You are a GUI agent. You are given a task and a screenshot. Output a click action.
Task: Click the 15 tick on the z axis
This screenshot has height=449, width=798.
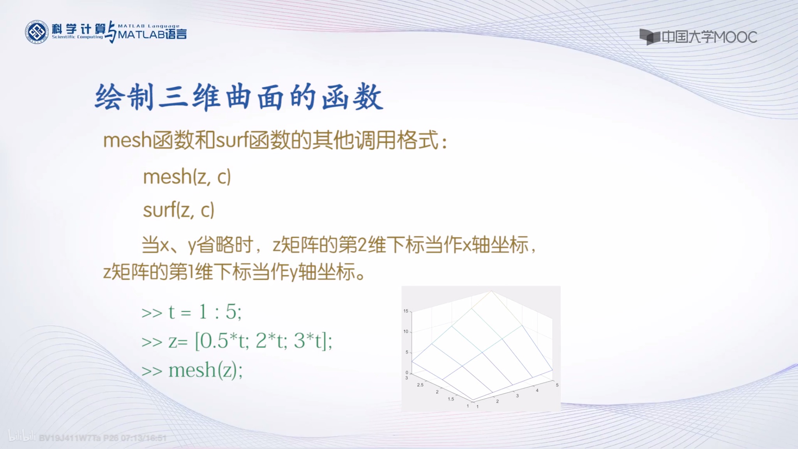coord(406,311)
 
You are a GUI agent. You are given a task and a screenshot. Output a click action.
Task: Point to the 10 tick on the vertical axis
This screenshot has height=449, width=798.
coord(406,332)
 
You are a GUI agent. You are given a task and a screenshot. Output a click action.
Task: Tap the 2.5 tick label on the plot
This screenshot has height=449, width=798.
coord(420,385)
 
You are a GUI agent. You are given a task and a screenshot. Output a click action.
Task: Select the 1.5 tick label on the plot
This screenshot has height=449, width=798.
coord(451,399)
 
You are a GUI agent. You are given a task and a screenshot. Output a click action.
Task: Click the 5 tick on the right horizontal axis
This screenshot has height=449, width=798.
coord(557,385)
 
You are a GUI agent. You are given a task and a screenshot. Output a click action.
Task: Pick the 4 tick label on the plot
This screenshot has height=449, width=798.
coord(537,391)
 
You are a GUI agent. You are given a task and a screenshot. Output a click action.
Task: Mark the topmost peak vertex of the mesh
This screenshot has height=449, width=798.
coord(492,291)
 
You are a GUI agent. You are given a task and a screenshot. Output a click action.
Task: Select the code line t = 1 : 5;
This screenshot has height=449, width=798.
coord(205,312)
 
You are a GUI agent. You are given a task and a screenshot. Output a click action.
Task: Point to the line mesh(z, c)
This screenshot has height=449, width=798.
coord(187,177)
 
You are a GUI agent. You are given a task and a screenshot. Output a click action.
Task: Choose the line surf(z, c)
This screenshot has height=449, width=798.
coord(179,210)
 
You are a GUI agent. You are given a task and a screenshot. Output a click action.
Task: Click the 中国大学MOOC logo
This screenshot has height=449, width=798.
coord(698,37)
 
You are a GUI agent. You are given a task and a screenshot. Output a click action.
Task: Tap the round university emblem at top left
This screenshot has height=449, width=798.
coord(37,32)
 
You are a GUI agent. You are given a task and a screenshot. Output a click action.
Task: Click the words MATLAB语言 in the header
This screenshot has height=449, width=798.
coord(152,35)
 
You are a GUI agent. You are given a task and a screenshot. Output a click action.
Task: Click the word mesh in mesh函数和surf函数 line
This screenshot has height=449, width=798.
coord(127,140)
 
